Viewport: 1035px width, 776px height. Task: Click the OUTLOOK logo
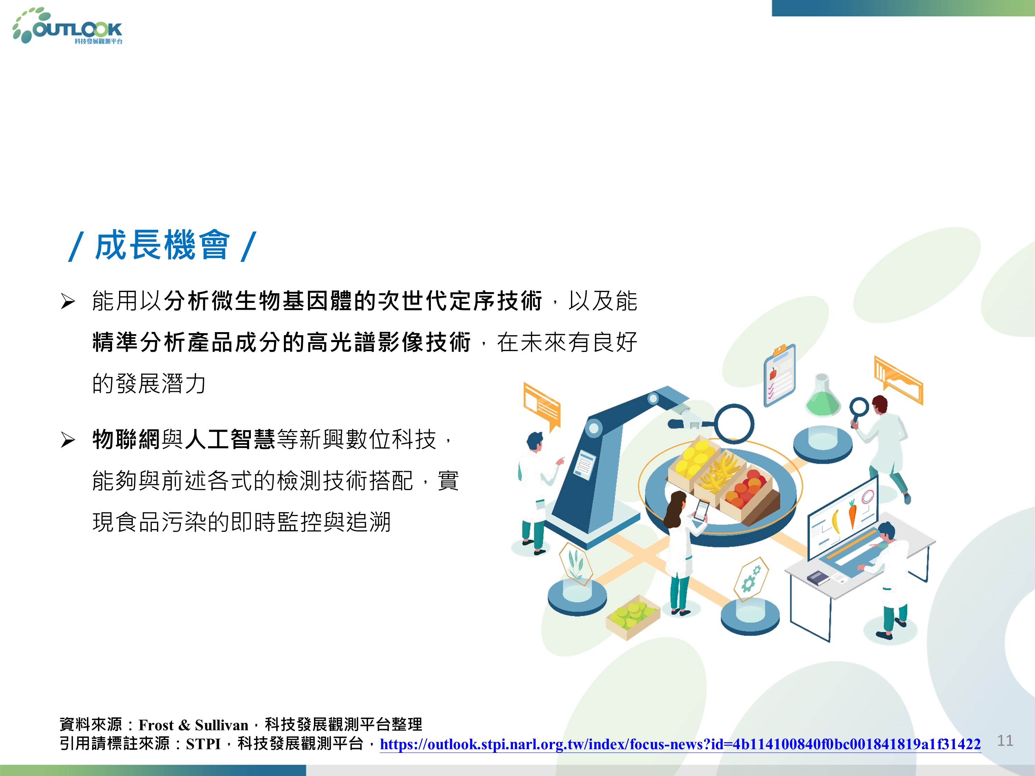pos(68,27)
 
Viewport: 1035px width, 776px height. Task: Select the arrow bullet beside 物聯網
pos(68,440)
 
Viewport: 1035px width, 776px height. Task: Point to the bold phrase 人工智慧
pos(230,440)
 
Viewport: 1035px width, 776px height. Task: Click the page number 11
pos(1005,740)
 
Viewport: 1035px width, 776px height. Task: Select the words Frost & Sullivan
pos(193,725)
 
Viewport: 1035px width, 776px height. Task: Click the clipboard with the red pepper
pos(779,375)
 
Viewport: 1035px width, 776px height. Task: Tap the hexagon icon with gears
pos(750,579)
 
